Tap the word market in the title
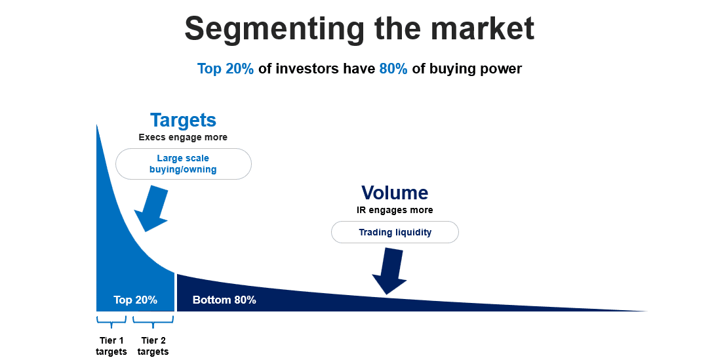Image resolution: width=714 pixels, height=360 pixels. pyautogui.click(x=482, y=28)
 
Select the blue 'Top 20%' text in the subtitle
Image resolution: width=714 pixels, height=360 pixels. pyautogui.click(x=226, y=69)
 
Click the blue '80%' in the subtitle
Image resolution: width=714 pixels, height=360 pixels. pyautogui.click(x=393, y=68)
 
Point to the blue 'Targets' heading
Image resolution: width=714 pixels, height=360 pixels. pyautogui.click(x=183, y=121)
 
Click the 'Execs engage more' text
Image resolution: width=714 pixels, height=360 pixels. pyautogui.click(x=183, y=137)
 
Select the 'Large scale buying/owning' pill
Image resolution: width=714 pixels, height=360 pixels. pyautogui.click(x=184, y=163)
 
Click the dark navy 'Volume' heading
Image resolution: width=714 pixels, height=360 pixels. pyautogui.click(x=395, y=193)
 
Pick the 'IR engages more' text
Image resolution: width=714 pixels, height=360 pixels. pyautogui.click(x=395, y=210)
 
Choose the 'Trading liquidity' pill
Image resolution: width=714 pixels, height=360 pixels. pyautogui.click(x=395, y=232)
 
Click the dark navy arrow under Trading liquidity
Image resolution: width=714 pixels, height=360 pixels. pyautogui.click(x=389, y=271)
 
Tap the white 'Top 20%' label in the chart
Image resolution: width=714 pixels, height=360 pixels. pyautogui.click(x=135, y=300)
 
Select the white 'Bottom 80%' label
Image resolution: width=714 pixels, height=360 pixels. pyautogui.click(x=224, y=300)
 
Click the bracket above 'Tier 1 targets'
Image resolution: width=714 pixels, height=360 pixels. pyautogui.click(x=111, y=321)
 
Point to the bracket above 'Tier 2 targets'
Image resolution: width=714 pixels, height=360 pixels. pyautogui.click(x=153, y=321)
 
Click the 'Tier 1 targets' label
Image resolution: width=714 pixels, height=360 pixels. pyautogui.click(x=111, y=346)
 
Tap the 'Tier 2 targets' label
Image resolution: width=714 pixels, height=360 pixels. pyautogui.click(x=153, y=346)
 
